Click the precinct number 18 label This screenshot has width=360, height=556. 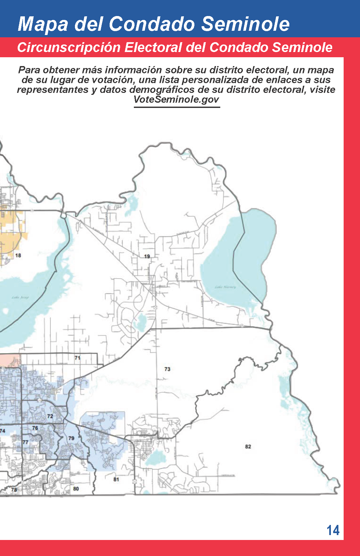(18, 255)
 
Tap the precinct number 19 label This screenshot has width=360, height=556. (147, 256)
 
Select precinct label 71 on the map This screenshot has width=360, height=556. (77, 358)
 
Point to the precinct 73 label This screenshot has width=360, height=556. (167, 369)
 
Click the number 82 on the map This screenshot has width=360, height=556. (248, 447)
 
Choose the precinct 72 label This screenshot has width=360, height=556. (50, 416)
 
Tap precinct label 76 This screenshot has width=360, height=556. (35, 428)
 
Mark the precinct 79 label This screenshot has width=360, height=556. (71, 438)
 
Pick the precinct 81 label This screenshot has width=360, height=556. (116, 479)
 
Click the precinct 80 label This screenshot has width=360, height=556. (76, 489)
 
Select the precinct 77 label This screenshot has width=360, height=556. (25, 442)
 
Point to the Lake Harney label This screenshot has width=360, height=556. (225, 287)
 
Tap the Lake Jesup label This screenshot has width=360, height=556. (20, 298)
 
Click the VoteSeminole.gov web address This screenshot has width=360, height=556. (176, 99)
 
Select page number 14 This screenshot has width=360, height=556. (333, 530)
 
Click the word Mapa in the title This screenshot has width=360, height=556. (43, 24)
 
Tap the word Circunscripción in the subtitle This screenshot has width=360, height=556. (69, 47)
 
